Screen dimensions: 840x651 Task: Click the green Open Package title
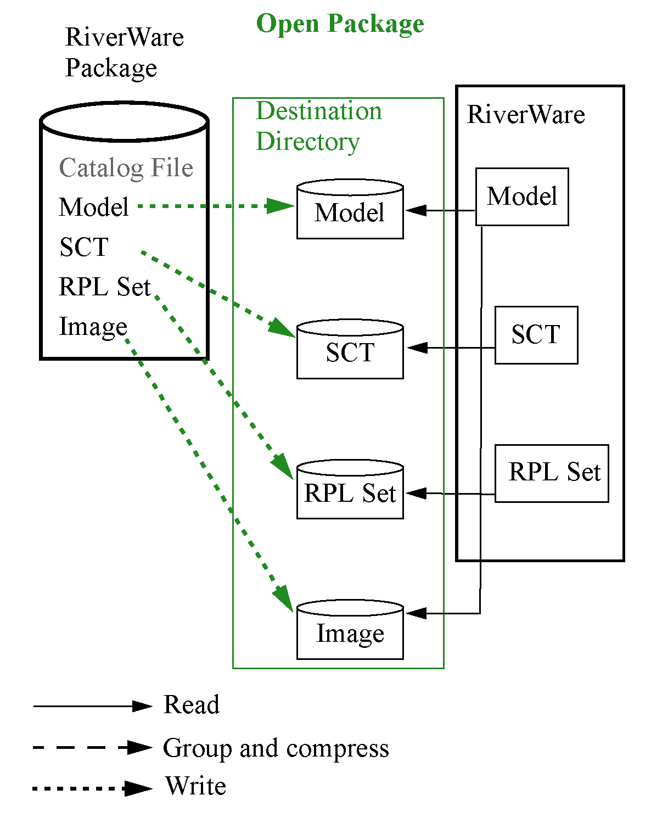tap(340, 24)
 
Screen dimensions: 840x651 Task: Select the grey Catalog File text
tap(126, 168)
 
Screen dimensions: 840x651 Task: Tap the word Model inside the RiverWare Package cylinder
tap(94, 208)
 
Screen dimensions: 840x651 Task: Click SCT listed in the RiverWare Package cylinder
tap(84, 247)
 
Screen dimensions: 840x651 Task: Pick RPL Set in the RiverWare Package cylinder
tap(104, 287)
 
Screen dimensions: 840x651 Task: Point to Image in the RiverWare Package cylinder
tap(93, 327)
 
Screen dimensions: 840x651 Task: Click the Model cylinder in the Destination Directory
tap(350, 212)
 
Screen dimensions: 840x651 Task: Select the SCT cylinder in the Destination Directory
tap(350, 351)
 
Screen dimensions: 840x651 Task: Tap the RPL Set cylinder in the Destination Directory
tap(350, 492)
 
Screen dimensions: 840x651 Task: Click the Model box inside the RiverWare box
tap(521, 197)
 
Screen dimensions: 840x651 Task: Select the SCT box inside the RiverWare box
tap(536, 335)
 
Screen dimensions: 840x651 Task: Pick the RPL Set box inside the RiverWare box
tap(552, 473)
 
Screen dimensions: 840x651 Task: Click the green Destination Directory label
tap(318, 126)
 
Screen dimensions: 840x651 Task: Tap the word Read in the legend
tap(191, 705)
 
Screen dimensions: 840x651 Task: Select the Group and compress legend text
tap(276, 748)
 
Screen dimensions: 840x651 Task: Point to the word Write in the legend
tap(195, 786)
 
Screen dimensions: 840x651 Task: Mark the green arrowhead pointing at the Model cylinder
tap(281, 206)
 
